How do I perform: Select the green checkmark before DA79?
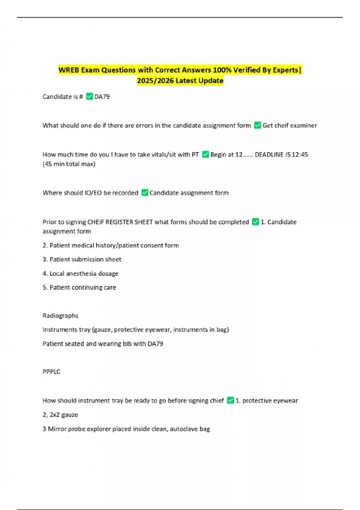[89, 97]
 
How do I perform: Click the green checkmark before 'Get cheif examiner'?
[257, 125]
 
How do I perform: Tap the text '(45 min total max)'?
[69, 164]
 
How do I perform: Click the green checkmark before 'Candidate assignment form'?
[145, 193]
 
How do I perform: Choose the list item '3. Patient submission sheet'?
[82, 259]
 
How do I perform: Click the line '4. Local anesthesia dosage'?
[80, 273]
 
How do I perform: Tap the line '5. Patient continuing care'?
[79, 287]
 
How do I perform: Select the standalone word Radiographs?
[60, 316]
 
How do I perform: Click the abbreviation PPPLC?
[51, 371]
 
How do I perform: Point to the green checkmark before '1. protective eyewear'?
[230, 400]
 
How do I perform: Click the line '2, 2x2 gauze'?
[60, 415]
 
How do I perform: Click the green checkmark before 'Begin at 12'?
[205, 154]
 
